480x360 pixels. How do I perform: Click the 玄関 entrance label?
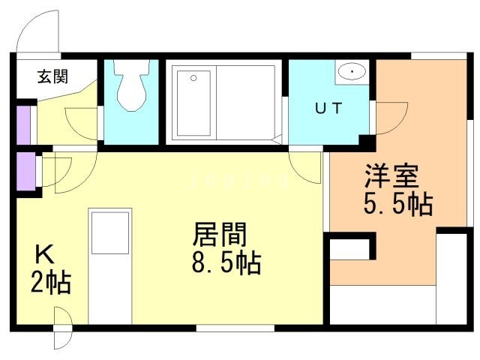(52, 76)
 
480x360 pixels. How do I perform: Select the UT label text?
(328, 108)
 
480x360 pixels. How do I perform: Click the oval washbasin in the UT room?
(352, 72)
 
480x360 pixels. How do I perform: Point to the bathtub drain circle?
(193, 78)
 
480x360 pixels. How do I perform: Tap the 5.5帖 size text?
(398, 204)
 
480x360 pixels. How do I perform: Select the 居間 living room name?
(219, 234)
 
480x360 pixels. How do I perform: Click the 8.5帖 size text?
(226, 262)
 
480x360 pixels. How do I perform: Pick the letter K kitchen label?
(45, 254)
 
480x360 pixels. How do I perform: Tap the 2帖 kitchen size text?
(51, 283)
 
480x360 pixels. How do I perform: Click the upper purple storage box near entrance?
(23, 125)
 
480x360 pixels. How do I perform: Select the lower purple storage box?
(25, 171)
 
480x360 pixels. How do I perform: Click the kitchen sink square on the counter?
(110, 233)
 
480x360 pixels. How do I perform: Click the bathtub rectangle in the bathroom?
(193, 103)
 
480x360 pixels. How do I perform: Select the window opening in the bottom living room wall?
(235, 328)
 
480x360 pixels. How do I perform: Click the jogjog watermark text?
(239, 181)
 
